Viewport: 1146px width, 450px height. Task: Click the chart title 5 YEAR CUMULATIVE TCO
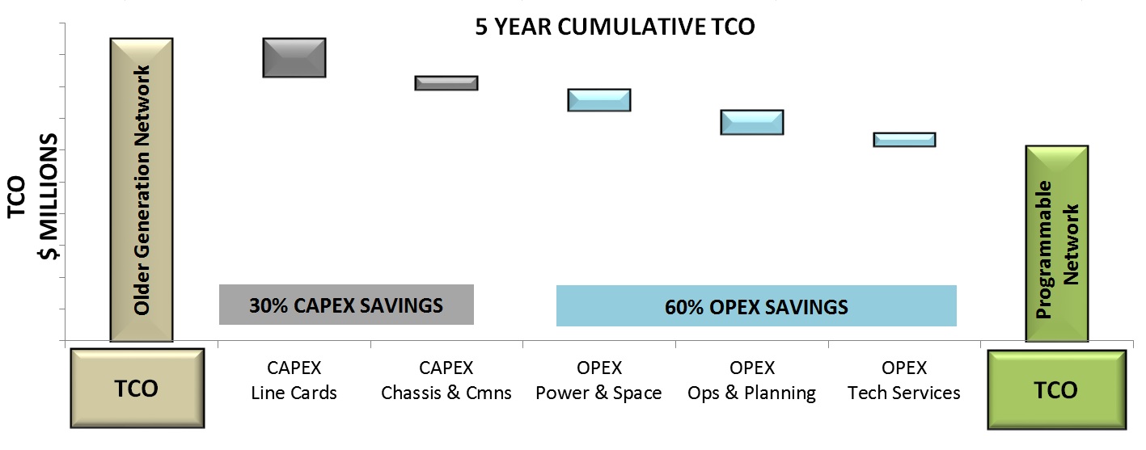click(x=615, y=27)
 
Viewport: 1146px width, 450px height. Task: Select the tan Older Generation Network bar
click(x=142, y=190)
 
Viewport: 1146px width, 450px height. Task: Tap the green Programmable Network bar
click(x=1057, y=244)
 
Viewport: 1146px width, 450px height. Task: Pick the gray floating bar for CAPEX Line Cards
click(x=294, y=57)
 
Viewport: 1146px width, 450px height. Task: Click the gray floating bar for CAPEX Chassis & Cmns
click(x=446, y=83)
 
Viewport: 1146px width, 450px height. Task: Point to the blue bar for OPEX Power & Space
click(x=599, y=100)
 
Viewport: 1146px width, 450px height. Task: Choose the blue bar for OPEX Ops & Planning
click(x=752, y=123)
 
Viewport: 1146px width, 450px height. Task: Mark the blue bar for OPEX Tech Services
click(x=904, y=140)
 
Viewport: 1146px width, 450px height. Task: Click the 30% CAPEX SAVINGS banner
click(x=346, y=305)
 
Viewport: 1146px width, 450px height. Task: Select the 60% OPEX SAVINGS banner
click(x=756, y=305)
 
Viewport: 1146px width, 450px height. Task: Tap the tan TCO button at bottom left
click(x=137, y=388)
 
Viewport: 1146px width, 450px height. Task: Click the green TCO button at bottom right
click(x=1056, y=389)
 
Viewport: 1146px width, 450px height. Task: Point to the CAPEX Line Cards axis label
click(x=294, y=380)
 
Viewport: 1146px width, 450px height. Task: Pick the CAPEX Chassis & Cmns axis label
click(x=446, y=380)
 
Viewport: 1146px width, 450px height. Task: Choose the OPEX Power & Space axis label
click(x=598, y=380)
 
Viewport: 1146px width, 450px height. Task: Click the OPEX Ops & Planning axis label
click(x=751, y=380)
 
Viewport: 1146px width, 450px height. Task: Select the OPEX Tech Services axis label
click(x=904, y=380)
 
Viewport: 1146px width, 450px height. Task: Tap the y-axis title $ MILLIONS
click(x=49, y=196)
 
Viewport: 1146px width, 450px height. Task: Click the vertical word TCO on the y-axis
click(x=17, y=197)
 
